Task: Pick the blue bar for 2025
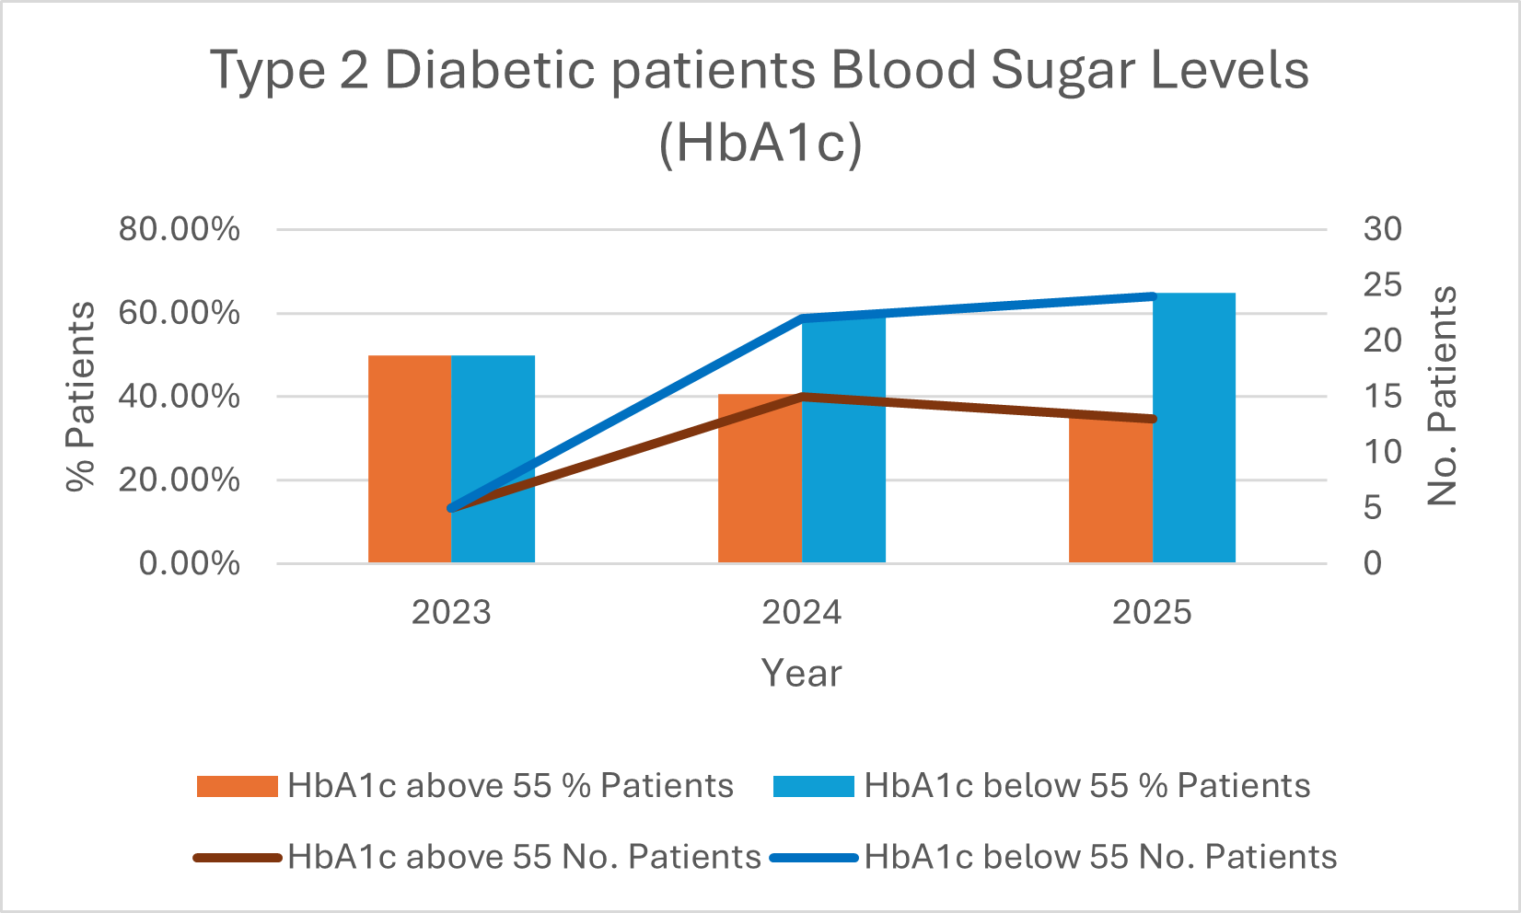pos(1194,433)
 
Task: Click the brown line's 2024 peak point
pos(803,397)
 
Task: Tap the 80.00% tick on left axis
pos(180,229)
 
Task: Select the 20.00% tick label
pos(180,480)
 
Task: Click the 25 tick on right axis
pos(1382,284)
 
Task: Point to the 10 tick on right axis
pos(1382,452)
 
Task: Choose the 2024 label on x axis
pos(801,612)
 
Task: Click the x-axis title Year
pos(801,673)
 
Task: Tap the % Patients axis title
pos(81,396)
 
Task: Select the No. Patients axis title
pos(1442,396)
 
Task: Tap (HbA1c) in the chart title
pos(760,144)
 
